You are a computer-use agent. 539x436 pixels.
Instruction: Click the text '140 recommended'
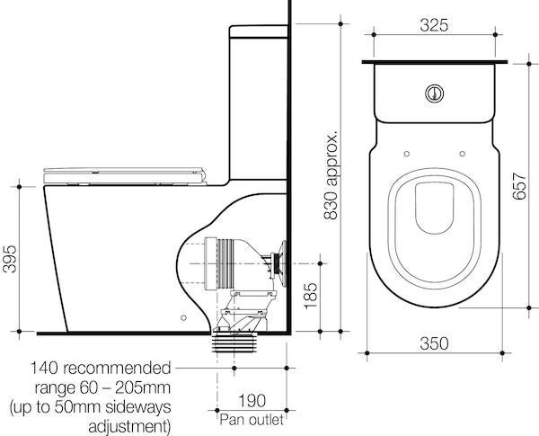point(101,369)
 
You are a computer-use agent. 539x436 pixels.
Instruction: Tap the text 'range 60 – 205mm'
point(101,387)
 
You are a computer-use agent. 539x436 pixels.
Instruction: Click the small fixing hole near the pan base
point(182,316)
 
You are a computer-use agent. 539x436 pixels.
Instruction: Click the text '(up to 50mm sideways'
point(90,406)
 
